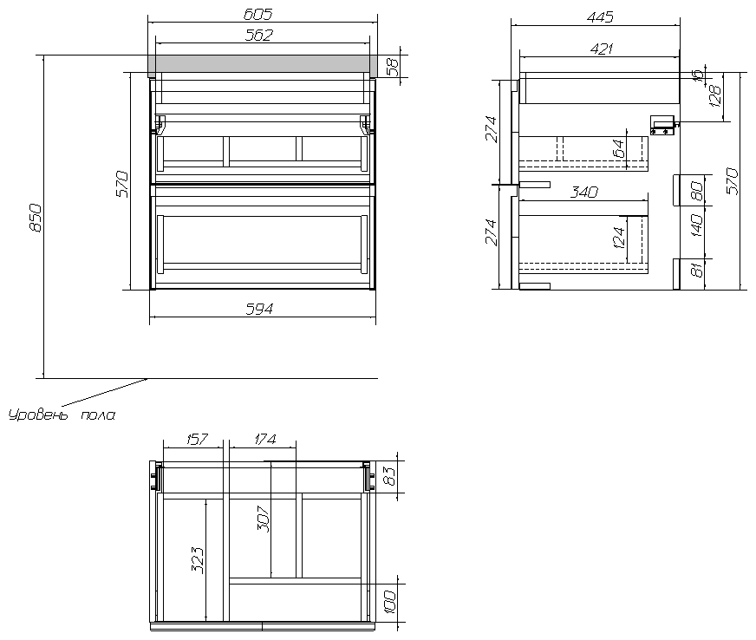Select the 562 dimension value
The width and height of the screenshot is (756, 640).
(259, 35)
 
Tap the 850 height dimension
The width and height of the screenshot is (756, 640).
(36, 218)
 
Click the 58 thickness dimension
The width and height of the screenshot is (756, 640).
(393, 66)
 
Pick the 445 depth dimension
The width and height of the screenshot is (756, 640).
(599, 16)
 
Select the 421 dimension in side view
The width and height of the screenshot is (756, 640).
(599, 49)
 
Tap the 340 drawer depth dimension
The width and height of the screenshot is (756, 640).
(584, 193)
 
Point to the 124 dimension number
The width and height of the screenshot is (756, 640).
(619, 237)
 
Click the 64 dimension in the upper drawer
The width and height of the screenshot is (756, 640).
(619, 149)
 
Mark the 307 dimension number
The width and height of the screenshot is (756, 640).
(264, 518)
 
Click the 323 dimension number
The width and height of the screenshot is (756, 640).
(198, 559)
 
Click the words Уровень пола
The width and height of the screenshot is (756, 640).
(61, 415)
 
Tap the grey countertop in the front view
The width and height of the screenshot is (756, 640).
(262, 64)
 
